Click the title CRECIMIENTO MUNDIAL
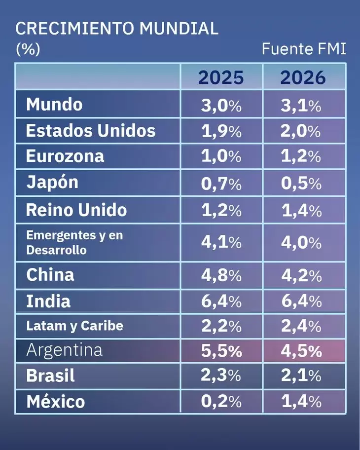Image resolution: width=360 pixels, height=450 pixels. pos(117,29)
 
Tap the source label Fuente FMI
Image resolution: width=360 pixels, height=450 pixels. pos(304,49)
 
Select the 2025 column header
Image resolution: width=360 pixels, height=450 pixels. pos(221,77)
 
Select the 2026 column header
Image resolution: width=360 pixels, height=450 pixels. pos(303,77)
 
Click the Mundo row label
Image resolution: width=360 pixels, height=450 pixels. pos(54,105)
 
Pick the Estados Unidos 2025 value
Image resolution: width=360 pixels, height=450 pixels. pos(221,131)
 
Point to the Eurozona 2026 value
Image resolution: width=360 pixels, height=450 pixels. pos(301,156)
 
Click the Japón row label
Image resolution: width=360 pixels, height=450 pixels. pos(52,183)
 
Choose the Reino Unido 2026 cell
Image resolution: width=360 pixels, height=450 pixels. pos(301,211)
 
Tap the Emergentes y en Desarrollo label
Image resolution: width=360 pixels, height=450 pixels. pos(74,242)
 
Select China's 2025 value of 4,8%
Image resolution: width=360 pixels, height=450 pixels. pos(221,275)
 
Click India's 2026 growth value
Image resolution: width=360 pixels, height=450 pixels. pos(301,301)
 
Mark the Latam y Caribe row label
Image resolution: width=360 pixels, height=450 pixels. pos(74,326)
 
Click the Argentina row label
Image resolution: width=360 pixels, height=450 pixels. pos(64,350)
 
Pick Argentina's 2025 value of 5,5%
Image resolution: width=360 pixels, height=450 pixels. pos(221,351)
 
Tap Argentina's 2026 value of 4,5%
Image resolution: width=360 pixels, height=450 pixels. pos(301,351)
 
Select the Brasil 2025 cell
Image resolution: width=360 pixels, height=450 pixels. pos(221,376)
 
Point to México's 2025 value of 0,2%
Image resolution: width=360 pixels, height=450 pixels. pos(221,402)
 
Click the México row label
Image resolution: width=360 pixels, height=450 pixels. pos(55,402)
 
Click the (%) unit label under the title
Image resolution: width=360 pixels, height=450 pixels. pos(28,49)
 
